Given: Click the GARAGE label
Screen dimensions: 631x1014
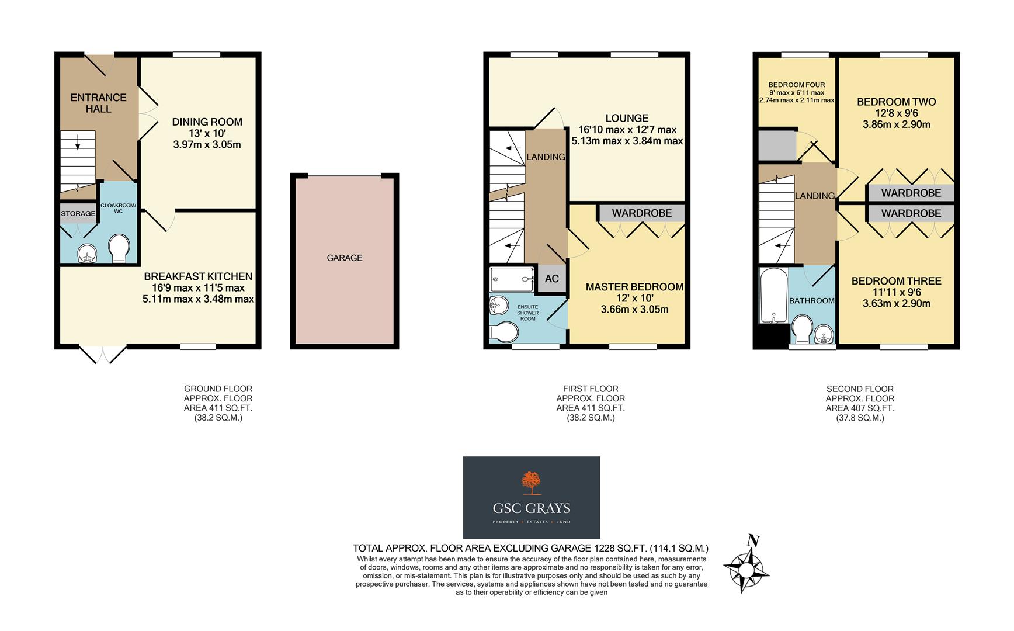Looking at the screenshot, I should (344, 258).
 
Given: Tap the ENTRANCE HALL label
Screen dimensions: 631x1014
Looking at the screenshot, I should (98, 103).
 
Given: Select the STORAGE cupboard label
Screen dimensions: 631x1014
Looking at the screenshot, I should (78, 214).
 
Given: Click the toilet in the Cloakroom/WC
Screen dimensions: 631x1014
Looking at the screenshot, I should (119, 248).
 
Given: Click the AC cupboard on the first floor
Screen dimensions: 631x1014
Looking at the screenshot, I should (551, 279).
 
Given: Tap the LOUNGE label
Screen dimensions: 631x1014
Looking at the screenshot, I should (627, 118).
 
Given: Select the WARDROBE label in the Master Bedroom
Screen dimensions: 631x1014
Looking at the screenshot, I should (641, 213).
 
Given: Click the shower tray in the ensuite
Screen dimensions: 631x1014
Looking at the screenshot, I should (512, 279).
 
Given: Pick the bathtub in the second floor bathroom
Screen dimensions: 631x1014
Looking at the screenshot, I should (772, 296).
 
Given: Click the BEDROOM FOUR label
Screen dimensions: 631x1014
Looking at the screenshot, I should (796, 85).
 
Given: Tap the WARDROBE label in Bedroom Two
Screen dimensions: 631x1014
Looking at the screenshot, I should (911, 193).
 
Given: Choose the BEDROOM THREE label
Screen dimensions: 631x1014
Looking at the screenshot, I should (896, 281).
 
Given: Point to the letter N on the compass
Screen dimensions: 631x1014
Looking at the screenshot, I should (753, 541).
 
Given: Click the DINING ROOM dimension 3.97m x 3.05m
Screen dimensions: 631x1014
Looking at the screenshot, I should (207, 144).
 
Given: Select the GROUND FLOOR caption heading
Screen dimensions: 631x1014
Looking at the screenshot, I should (218, 389).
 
